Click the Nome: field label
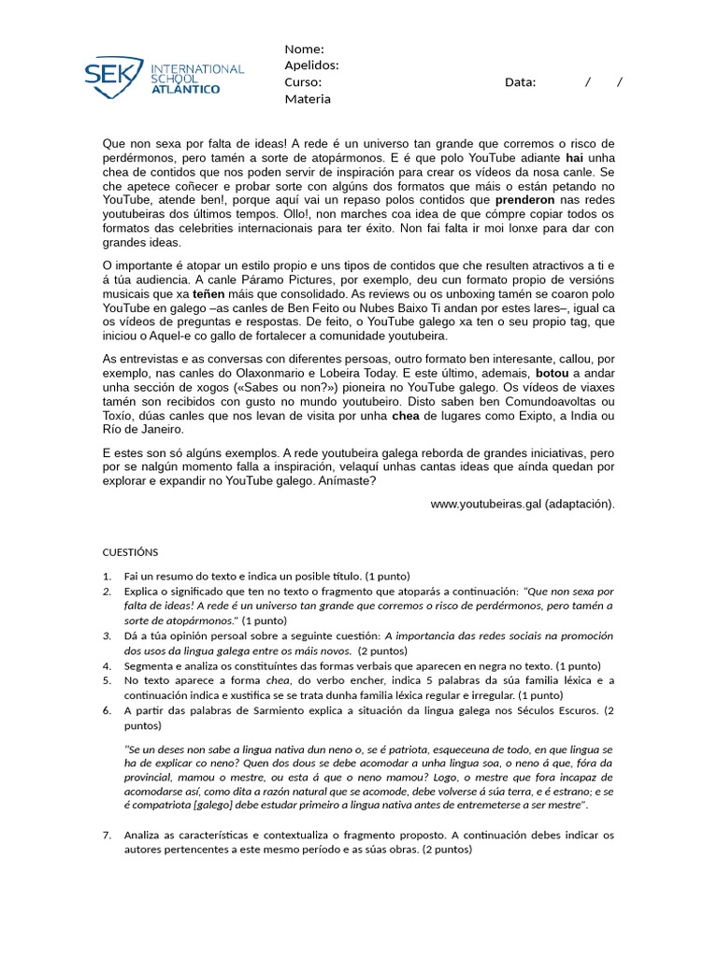click(304, 50)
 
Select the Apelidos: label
click(311, 65)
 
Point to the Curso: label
click(303, 82)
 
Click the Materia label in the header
click(308, 99)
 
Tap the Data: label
click(521, 82)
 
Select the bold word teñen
click(209, 293)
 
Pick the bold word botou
click(553, 371)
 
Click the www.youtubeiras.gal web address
click(486, 504)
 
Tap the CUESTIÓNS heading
click(131, 552)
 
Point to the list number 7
click(108, 835)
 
